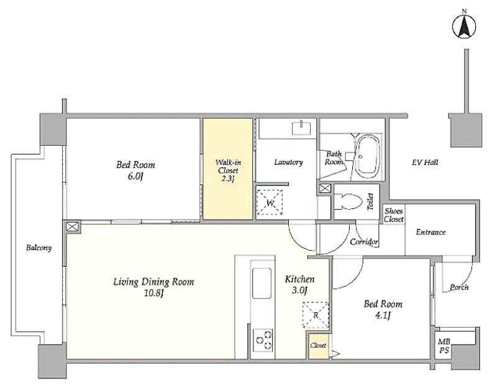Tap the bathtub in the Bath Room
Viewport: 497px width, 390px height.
367,157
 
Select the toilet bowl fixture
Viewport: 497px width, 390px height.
349,202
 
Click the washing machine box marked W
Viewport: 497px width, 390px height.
270,202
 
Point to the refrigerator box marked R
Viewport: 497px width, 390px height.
316,315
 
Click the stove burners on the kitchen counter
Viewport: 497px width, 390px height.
263,340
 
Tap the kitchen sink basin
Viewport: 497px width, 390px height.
262,284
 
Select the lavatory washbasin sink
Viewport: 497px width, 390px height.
301,128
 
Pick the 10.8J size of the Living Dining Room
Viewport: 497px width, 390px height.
153,293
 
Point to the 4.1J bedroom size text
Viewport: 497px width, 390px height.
383,316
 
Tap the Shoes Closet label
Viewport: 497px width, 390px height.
394,215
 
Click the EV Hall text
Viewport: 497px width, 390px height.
425,162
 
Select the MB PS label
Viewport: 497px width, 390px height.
444,346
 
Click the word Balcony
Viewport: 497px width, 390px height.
39,248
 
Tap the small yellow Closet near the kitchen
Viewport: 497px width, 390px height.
318,345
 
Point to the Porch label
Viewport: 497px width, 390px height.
459,287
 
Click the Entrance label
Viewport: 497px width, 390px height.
431,232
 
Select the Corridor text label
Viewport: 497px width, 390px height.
364,242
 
